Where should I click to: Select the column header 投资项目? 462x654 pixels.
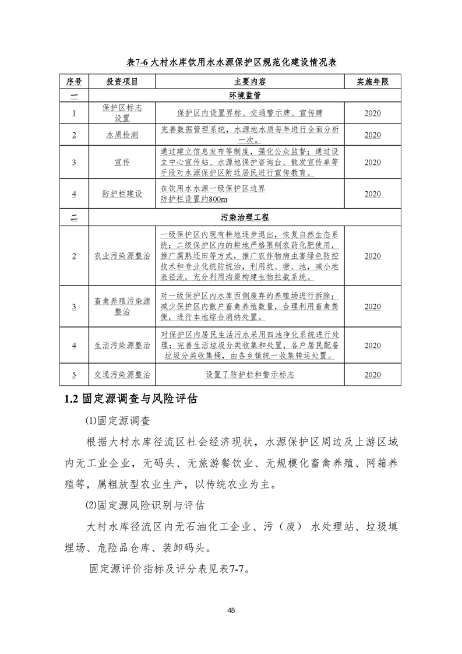pyautogui.click(x=122, y=81)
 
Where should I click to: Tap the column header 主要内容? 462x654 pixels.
pyautogui.click(x=251, y=81)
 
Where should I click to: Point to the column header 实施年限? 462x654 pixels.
pyautogui.click(x=372, y=81)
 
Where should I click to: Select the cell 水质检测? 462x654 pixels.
pyautogui.click(x=122, y=135)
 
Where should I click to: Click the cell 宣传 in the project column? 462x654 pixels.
pyautogui.click(x=122, y=162)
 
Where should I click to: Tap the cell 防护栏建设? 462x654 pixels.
pyautogui.click(x=122, y=194)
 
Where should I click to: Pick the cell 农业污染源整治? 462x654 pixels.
pyautogui.click(x=122, y=256)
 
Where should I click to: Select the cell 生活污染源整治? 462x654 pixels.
pyautogui.click(x=122, y=346)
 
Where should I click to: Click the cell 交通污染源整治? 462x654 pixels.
pyautogui.click(x=122, y=374)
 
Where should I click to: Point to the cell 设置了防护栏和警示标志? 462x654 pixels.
pyautogui.click(x=250, y=374)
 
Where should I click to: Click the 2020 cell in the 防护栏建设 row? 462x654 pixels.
pyautogui.click(x=372, y=194)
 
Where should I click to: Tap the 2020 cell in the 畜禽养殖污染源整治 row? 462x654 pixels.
pyautogui.click(x=372, y=307)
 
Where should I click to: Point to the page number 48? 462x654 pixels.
pyautogui.click(x=231, y=610)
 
